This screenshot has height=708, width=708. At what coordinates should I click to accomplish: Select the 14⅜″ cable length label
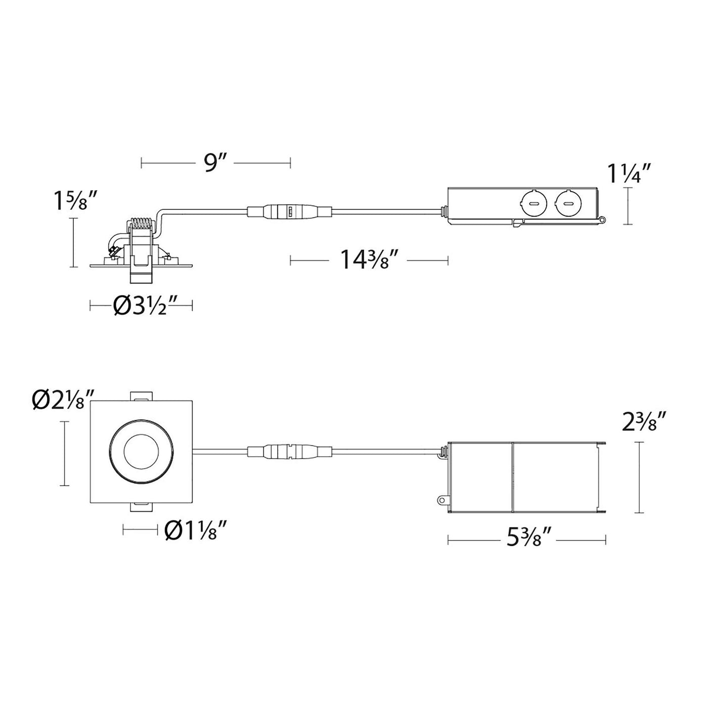pos(368,259)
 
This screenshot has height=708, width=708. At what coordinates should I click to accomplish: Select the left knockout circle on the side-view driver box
pos(532,203)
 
